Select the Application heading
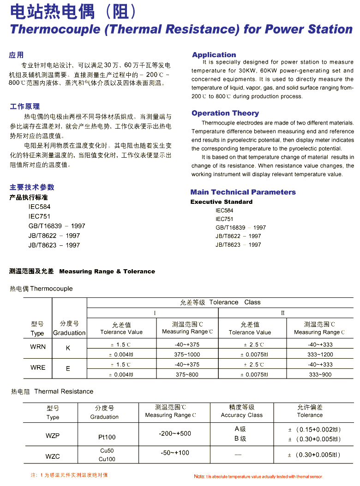(214, 55)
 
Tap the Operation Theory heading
(225, 113)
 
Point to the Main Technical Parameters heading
(243, 192)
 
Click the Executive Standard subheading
(222, 202)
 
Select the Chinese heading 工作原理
(25, 107)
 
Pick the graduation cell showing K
(68, 349)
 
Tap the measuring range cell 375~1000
(187, 355)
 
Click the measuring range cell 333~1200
(320, 355)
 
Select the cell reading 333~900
(320, 375)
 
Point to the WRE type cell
(38, 367)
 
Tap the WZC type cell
(52, 456)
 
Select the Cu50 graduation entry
(107, 451)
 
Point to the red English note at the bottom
(258, 476)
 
